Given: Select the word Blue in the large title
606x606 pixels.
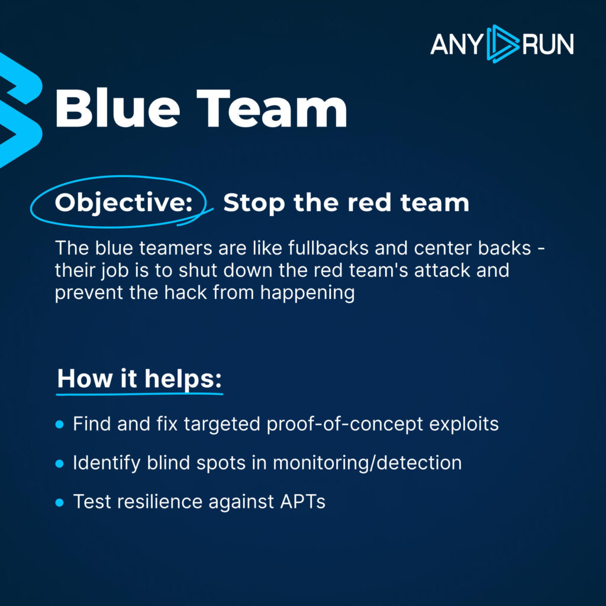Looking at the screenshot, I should point(118,109).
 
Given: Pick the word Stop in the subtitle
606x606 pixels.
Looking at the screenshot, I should point(252,203).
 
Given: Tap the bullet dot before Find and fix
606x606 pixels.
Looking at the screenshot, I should point(59,425).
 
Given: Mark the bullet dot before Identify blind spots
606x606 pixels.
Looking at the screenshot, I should point(59,464).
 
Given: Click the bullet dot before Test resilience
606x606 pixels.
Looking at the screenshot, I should point(59,502).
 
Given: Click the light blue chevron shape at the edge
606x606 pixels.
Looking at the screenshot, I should point(18,112).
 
